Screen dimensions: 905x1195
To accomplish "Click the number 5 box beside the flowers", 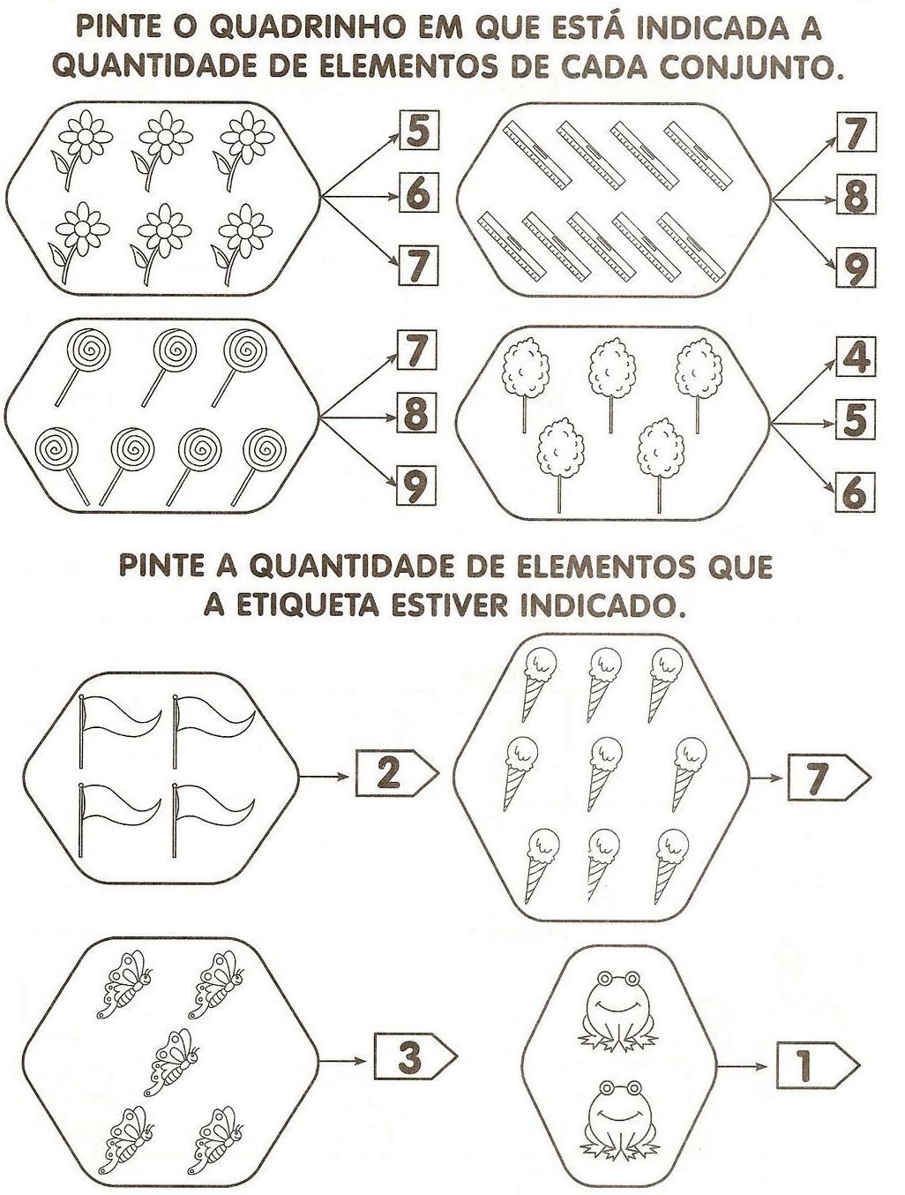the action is pos(419,131).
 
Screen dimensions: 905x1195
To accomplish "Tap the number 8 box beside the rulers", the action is pos(856,195).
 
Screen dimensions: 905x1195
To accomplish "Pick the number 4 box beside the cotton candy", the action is pos(856,357).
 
